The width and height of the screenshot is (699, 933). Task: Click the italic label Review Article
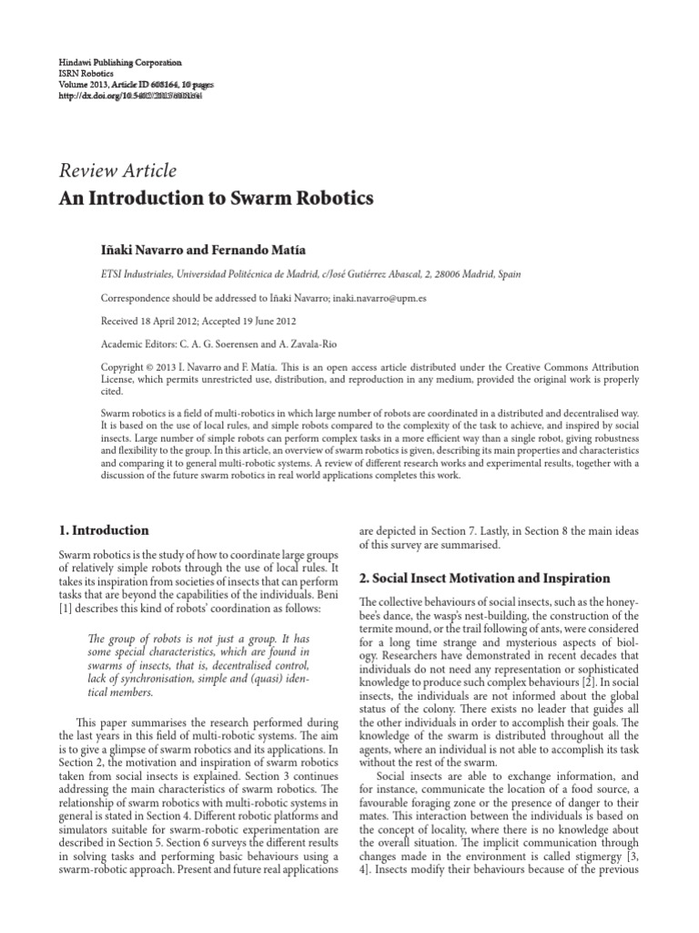[117, 170]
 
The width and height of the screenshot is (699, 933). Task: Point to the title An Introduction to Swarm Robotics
[216, 197]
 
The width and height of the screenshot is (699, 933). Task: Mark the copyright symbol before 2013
[152, 367]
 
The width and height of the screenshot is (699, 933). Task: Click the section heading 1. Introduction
[104, 529]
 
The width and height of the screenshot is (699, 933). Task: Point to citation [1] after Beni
[66, 608]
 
